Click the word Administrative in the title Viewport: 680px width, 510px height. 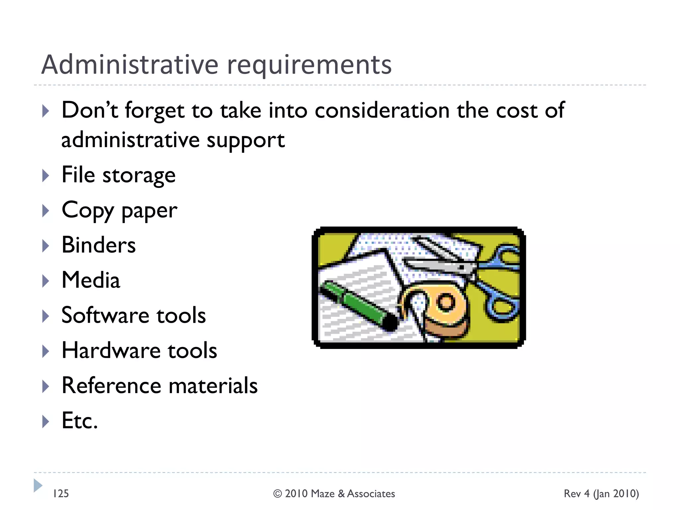coord(130,64)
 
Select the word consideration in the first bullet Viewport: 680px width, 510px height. coord(382,110)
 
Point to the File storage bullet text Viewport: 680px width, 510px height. coord(119,175)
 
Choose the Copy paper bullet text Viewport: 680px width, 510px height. coord(120,211)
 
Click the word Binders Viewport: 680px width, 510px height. coord(99,245)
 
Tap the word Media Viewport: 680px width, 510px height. coord(91,280)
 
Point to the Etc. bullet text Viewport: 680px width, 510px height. coord(80,421)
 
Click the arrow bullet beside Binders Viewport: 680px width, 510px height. coord(46,246)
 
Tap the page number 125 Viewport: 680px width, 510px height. coord(61,493)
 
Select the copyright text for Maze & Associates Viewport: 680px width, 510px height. coord(334,494)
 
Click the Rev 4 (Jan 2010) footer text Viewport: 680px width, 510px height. coord(601,494)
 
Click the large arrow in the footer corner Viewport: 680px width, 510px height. coord(38,485)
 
